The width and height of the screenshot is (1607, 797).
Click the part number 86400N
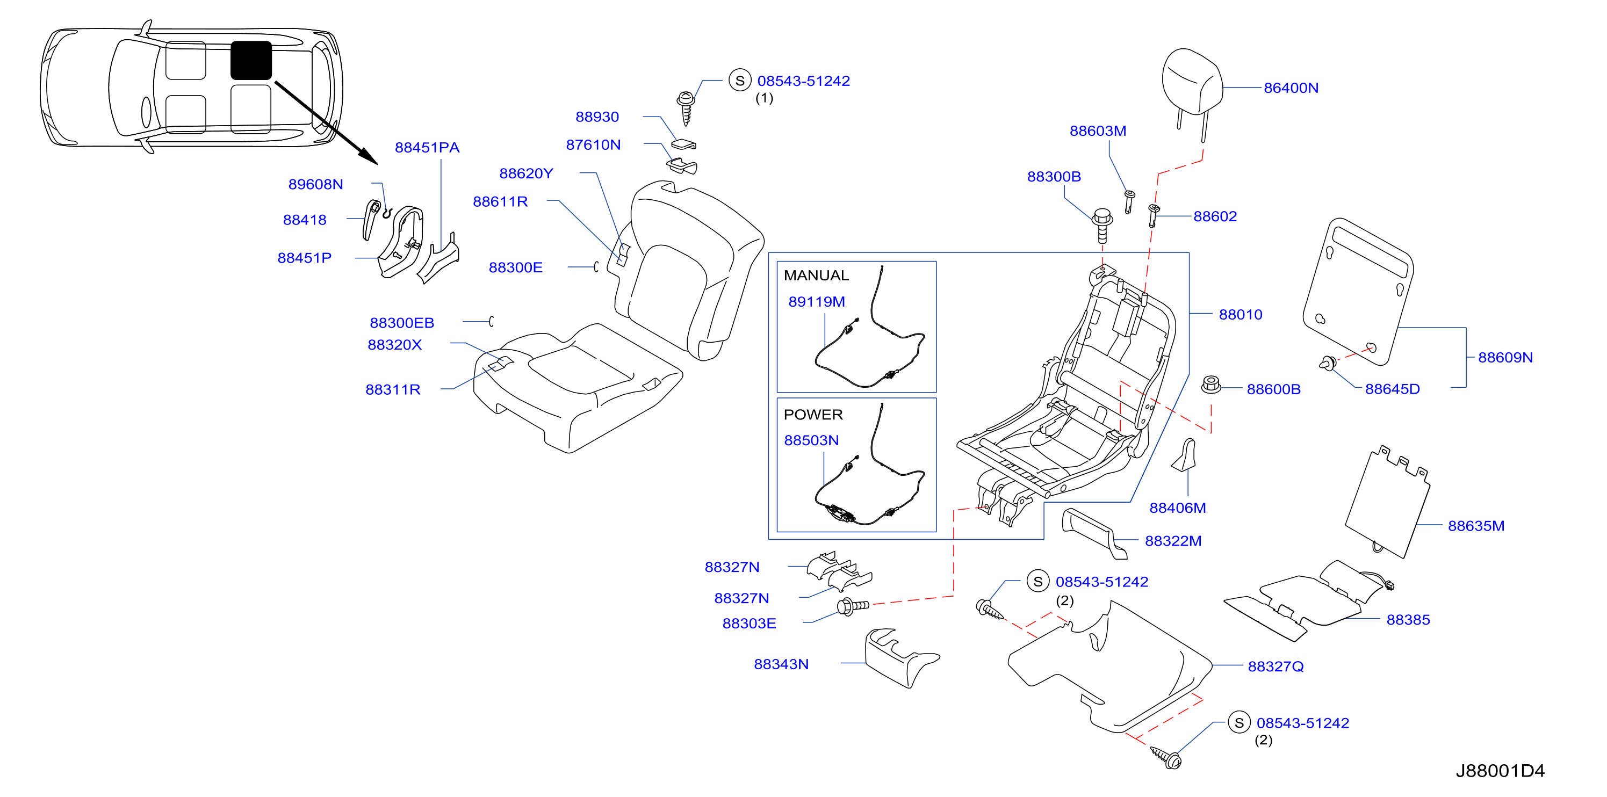[1291, 88]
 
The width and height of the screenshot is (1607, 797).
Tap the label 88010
[1240, 314]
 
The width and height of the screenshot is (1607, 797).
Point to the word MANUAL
[816, 275]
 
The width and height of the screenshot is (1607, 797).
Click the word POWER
[813, 414]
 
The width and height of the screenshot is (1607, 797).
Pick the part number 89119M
[817, 301]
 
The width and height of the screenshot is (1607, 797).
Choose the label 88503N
[811, 440]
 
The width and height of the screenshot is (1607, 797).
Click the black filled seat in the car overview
[251, 61]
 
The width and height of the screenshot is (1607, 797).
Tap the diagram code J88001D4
[1500, 771]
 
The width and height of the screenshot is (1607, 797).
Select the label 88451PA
[427, 147]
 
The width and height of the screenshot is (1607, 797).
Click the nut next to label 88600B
[1210, 384]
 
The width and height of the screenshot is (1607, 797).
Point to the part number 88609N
[1505, 357]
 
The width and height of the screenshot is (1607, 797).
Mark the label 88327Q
[1275, 666]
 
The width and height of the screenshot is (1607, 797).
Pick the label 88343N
[781, 664]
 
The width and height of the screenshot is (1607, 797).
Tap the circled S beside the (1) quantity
[740, 81]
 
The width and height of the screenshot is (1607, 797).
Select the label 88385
[1408, 619]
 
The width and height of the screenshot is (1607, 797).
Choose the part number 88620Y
[526, 173]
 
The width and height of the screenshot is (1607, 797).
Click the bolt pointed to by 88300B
[1102, 225]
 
